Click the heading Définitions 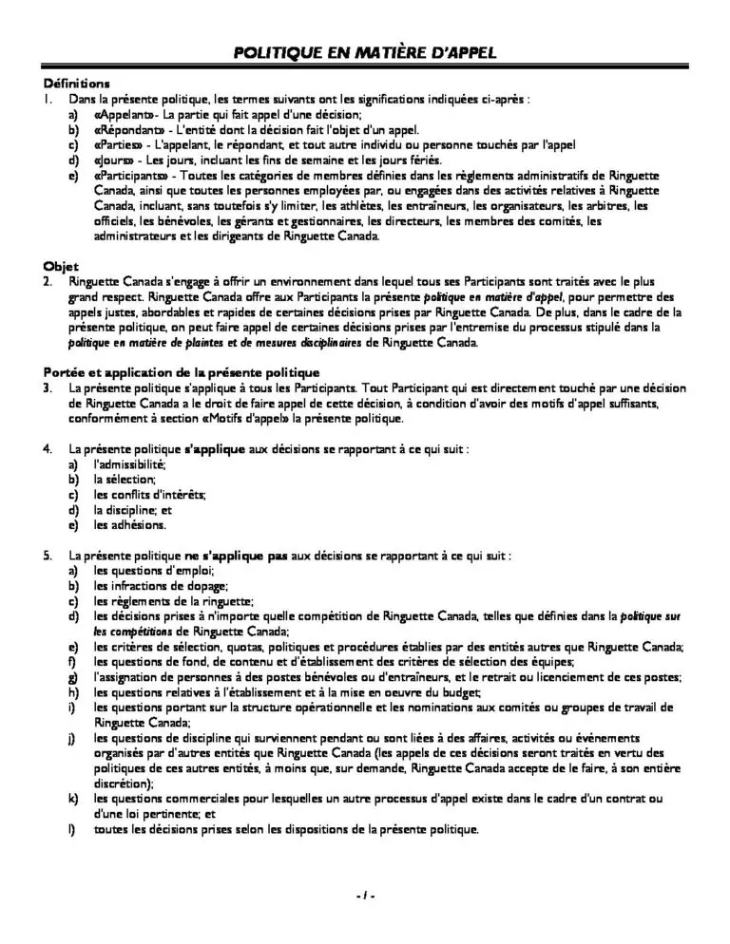point(77,83)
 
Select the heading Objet point(61,266)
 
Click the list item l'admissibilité point(130,463)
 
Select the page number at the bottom point(365,896)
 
